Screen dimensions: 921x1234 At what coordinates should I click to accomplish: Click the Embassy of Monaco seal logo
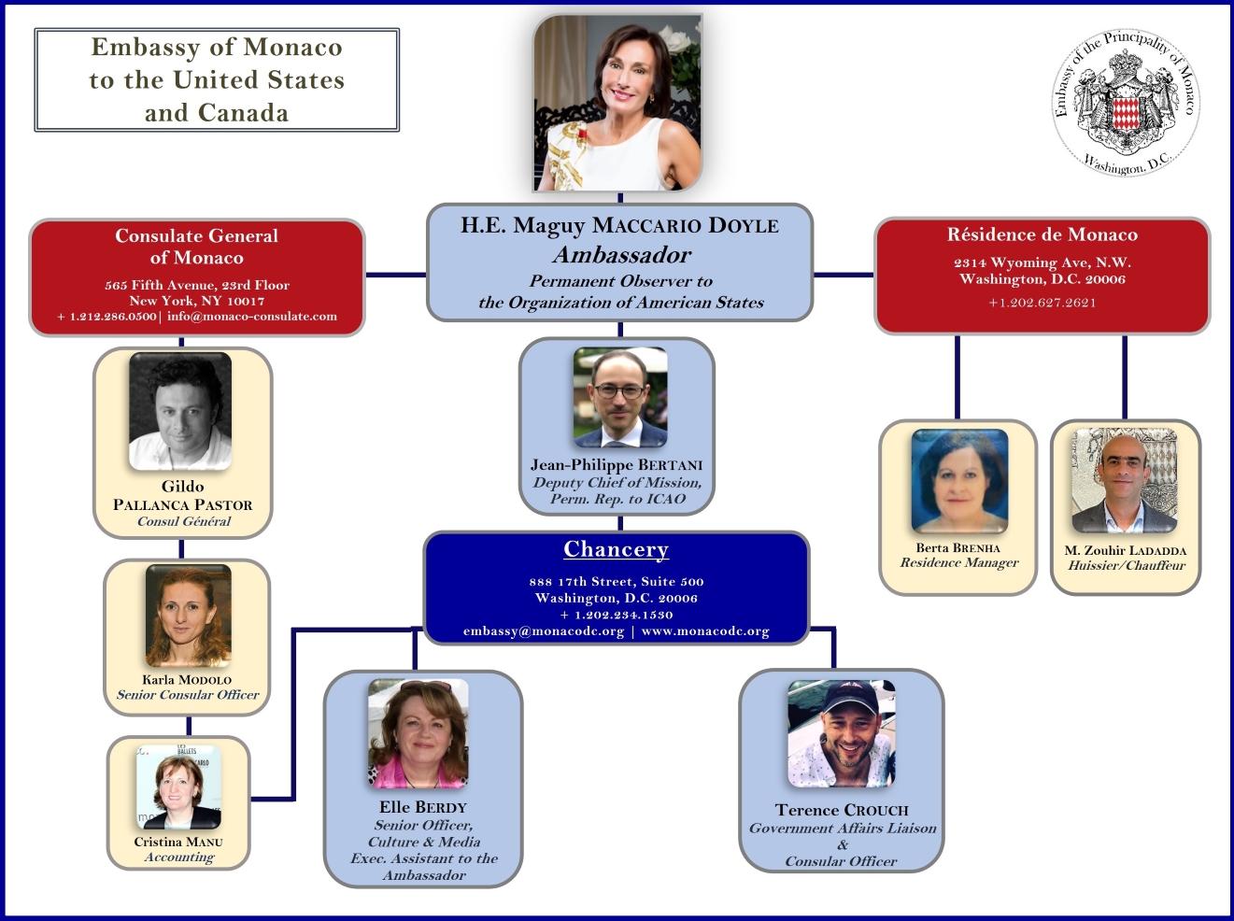tap(1127, 103)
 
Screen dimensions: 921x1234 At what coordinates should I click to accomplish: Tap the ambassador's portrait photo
tap(617, 103)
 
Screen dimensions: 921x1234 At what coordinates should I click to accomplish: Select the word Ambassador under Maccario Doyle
tap(621, 255)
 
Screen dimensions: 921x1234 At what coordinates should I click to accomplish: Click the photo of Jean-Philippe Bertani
tap(620, 397)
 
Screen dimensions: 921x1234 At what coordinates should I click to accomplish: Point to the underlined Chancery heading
tap(616, 549)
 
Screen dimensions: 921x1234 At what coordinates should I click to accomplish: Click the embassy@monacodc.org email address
tap(543, 631)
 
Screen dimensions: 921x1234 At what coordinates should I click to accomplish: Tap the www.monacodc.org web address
tap(705, 631)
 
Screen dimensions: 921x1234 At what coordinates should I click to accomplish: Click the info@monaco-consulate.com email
tap(252, 317)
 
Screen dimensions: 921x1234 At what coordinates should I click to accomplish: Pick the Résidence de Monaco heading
tap(1042, 234)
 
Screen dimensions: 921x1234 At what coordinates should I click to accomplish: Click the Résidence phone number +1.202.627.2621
tap(1042, 303)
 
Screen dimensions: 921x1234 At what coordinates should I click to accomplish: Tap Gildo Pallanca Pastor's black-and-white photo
tap(180, 411)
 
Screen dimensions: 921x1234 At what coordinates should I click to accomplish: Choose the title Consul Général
tap(184, 521)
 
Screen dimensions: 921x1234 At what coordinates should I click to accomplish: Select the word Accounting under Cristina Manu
tap(179, 857)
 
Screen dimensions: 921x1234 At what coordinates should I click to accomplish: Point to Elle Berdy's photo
tap(418, 734)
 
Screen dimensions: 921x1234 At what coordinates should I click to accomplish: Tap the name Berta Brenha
tap(957, 548)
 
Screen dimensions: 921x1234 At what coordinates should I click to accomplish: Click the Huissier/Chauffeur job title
tap(1126, 565)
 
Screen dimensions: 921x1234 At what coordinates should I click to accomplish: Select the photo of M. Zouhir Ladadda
tap(1124, 481)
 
